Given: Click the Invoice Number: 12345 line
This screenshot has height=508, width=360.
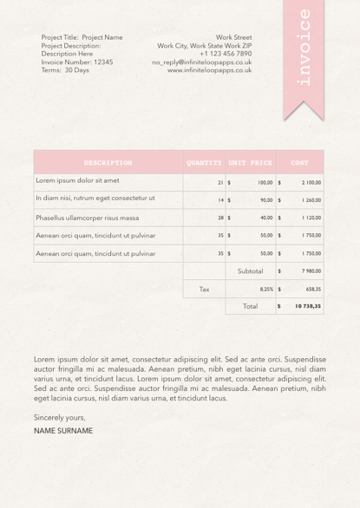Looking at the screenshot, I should tap(77, 62).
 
